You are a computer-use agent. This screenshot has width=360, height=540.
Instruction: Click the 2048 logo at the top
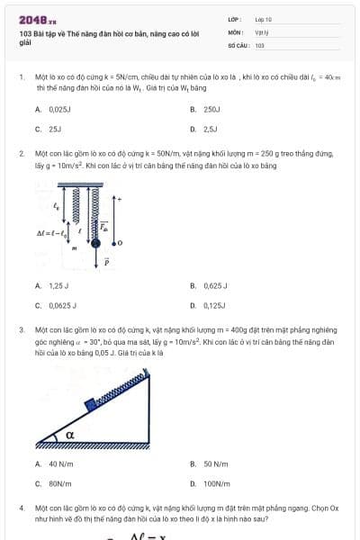tap(38, 19)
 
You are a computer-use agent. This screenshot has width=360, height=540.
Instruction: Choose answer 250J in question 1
tap(211, 108)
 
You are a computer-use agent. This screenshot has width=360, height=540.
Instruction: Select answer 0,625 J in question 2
tap(214, 285)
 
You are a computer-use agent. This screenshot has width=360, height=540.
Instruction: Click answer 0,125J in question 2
tap(213, 305)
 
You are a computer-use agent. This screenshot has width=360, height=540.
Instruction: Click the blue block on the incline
tap(89, 404)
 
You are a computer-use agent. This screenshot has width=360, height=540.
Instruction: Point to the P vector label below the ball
tap(105, 263)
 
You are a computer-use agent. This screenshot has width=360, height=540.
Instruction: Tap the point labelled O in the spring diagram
tap(120, 242)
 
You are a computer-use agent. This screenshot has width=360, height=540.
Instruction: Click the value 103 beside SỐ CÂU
tap(260, 44)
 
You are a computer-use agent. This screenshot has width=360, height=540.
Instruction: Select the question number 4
tap(21, 508)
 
